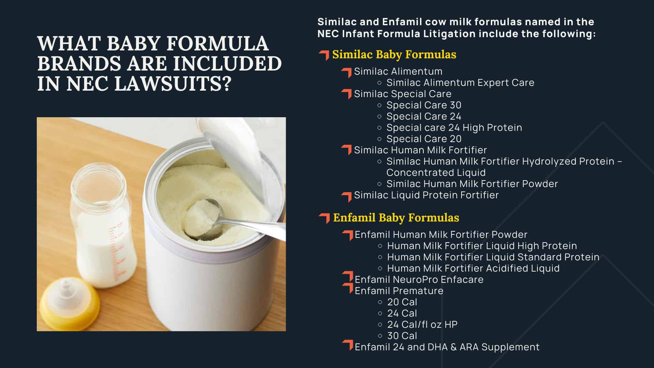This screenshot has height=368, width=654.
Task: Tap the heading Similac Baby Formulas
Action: click(x=394, y=55)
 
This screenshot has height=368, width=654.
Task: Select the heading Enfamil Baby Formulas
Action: click(x=396, y=218)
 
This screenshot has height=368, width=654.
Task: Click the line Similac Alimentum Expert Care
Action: click(x=460, y=82)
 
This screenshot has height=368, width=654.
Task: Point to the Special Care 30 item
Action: click(x=424, y=105)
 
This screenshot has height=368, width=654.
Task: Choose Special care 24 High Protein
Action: click(x=454, y=127)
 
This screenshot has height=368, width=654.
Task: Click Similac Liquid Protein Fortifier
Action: click(x=426, y=195)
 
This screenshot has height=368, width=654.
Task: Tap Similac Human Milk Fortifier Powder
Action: click(x=472, y=184)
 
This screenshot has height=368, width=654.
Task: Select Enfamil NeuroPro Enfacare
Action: click(x=419, y=279)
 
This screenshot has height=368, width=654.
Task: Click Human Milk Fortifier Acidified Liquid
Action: click(x=473, y=268)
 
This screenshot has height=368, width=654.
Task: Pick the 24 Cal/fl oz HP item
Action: click(x=422, y=324)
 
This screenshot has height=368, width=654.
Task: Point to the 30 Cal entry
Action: click(x=402, y=336)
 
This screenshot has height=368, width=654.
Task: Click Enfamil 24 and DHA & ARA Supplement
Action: click(x=447, y=347)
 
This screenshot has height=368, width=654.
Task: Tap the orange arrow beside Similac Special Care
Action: click(x=347, y=94)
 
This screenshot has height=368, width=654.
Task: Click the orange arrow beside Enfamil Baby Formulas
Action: click(x=325, y=218)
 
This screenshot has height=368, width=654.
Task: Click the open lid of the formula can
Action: click(x=245, y=150)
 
